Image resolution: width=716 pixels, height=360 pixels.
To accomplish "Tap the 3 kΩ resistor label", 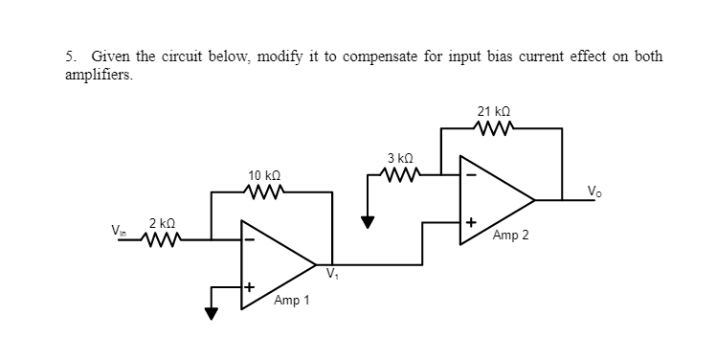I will [x=399, y=158].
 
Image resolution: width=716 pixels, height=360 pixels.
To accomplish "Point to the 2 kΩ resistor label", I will [x=160, y=223].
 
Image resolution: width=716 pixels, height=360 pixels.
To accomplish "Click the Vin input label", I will [x=118, y=232].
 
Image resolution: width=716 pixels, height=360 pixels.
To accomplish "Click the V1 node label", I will [x=332, y=276].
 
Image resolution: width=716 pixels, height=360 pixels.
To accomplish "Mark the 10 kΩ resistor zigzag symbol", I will [x=262, y=191].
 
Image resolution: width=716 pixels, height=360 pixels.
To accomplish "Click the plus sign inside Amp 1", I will [x=248, y=286].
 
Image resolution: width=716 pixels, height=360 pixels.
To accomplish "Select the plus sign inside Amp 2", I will [x=470, y=222].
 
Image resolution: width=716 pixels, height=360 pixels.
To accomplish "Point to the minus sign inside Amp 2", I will [x=469, y=176].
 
